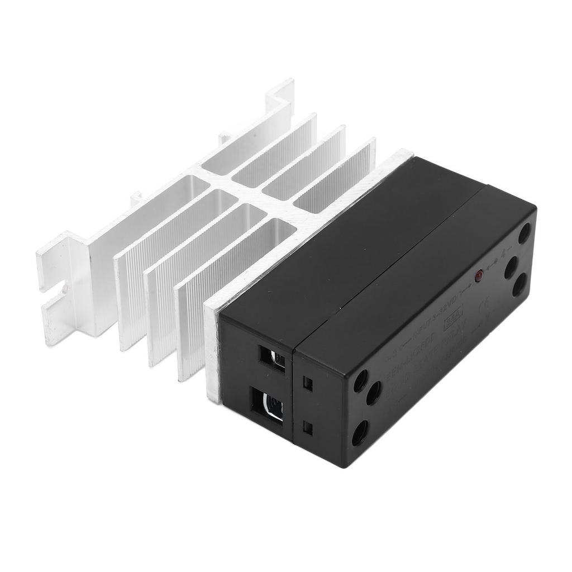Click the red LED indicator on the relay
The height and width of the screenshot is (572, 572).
coord(479,275)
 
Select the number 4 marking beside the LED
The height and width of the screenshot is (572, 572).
coord(503,255)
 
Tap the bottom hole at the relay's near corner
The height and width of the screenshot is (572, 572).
coord(359,432)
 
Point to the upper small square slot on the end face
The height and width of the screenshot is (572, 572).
coord(307,383)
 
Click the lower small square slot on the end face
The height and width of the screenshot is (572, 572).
coord(307,427)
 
